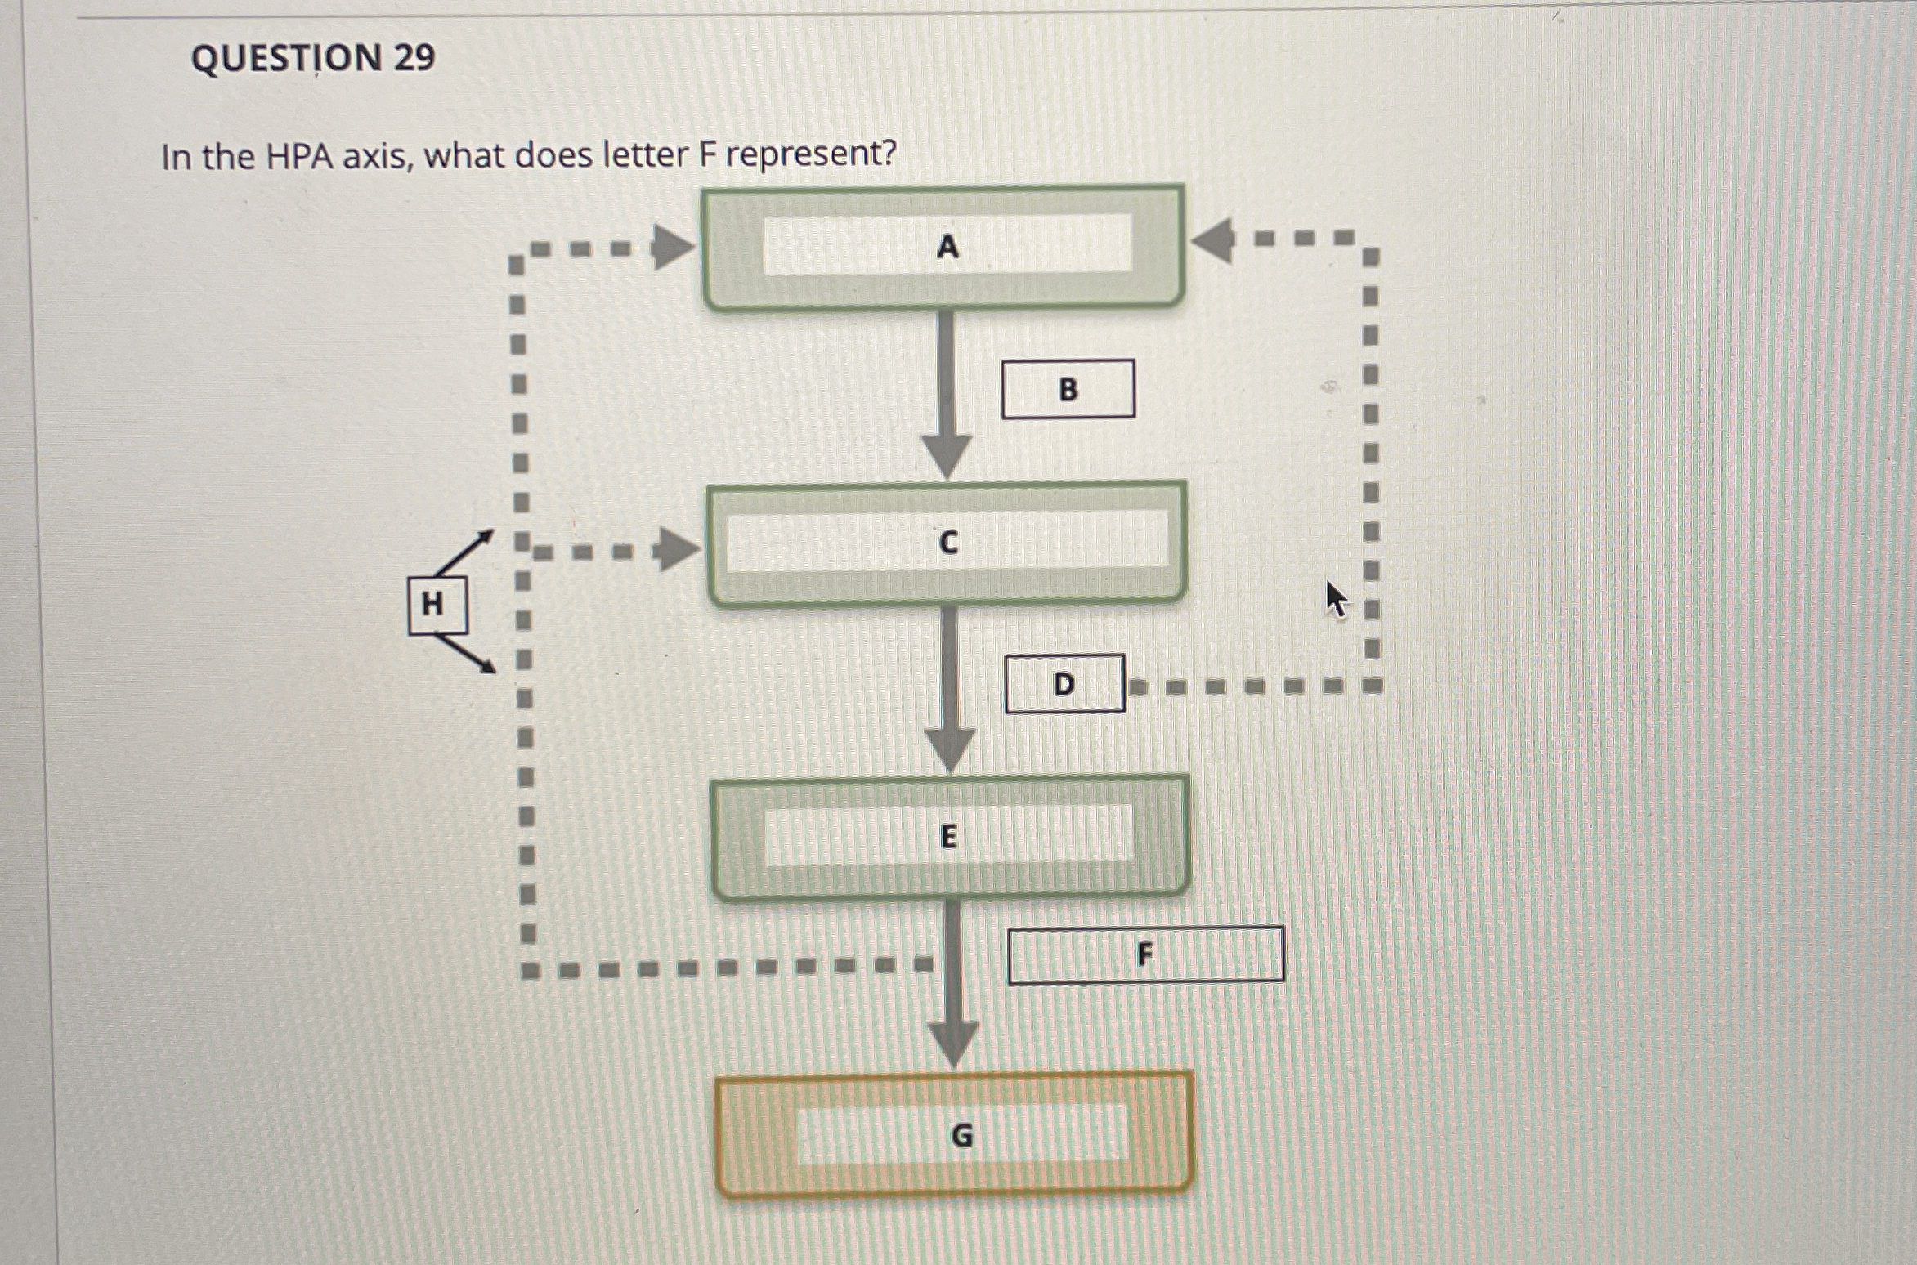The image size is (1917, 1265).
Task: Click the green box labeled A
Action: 944,247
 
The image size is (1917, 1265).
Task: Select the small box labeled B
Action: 1068,389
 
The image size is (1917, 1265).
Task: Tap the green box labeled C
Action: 947,543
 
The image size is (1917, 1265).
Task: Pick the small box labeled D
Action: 1064,684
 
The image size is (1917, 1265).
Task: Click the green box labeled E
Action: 950,837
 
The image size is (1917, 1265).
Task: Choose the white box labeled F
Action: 1145,954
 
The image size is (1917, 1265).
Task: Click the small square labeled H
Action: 437,606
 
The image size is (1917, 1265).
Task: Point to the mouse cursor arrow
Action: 1336,599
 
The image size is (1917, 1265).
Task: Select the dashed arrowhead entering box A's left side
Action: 672,247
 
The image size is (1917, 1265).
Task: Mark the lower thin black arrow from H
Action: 468,655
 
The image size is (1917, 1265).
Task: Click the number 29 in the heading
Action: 414,58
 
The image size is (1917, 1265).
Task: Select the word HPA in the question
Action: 299,156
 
